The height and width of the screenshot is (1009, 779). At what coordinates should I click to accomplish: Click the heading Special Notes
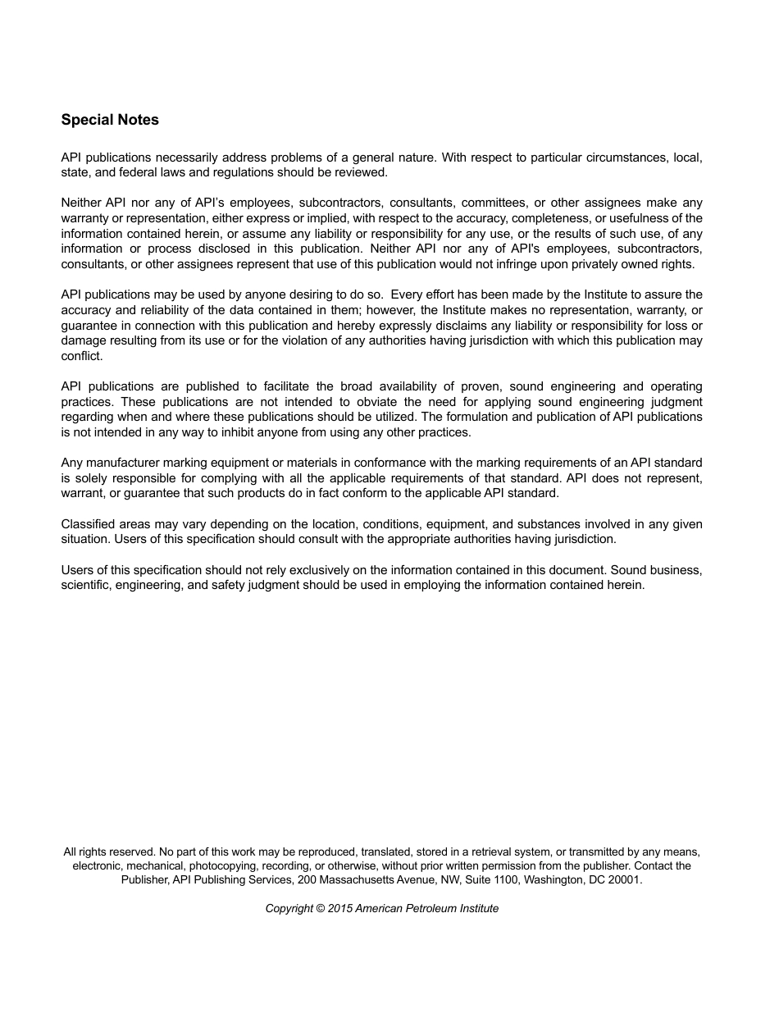point(110,120)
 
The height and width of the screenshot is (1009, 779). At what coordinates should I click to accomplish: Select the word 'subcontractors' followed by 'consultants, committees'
point(339,203)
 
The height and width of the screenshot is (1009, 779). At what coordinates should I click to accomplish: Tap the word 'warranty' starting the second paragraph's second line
point(85,218)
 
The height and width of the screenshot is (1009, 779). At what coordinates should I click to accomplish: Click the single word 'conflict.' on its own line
point(82,356)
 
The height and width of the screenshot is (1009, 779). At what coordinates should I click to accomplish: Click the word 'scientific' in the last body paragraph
point(86,585)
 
